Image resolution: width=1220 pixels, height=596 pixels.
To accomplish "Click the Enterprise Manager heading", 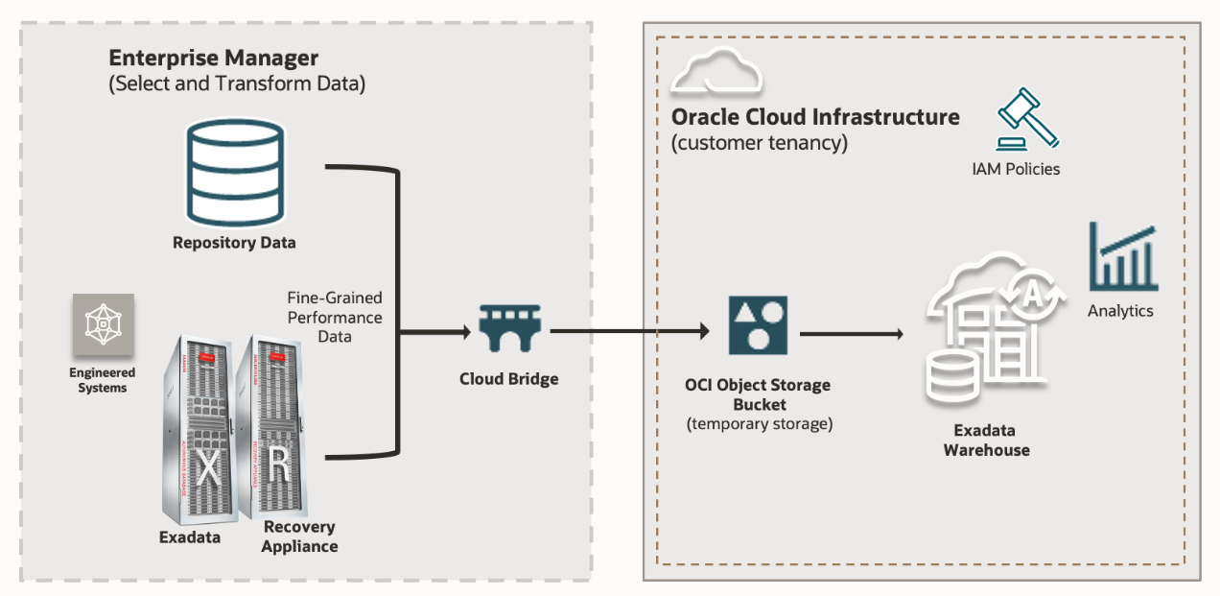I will (213, 58).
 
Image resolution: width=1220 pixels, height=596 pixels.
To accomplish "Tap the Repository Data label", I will (234, 243).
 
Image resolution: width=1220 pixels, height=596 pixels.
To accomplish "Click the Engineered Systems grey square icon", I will (103, 324).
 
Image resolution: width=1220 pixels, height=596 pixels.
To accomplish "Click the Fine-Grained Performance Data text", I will (334, 318).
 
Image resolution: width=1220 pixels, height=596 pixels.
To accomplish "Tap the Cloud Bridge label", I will (508, 379).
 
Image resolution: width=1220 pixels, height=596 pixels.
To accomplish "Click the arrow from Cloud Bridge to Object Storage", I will (628, 331).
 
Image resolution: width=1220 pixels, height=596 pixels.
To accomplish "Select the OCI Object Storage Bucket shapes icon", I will (758, 324).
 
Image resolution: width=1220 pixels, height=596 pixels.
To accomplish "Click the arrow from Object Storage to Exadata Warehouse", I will (852, 334).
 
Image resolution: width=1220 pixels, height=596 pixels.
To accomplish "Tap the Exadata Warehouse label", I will (986, 440).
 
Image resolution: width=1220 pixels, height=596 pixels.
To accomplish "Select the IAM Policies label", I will (1016, 170).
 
